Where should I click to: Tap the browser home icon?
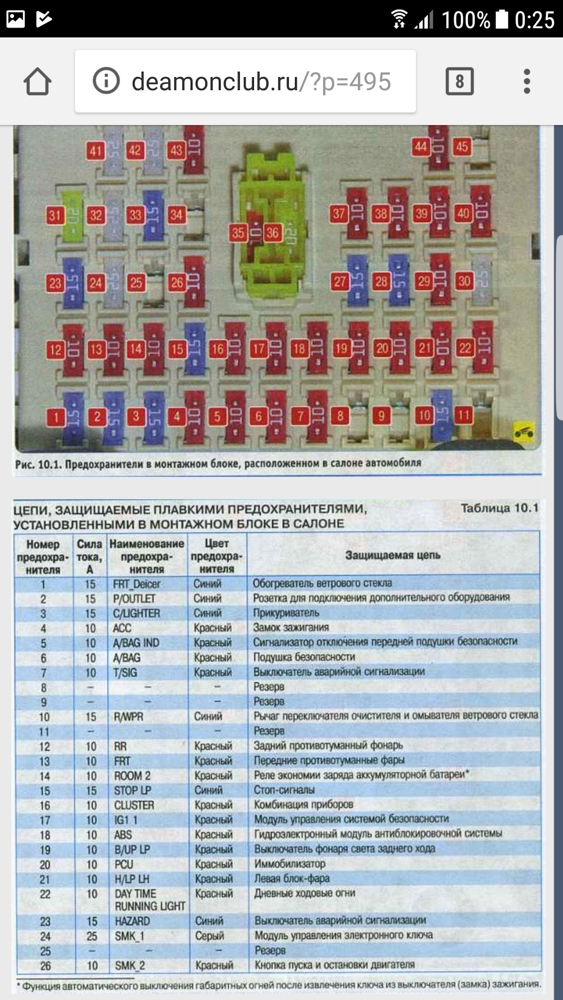(x=38, y=82)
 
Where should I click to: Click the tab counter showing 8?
(x=459, y=82)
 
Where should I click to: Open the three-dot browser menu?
(x=527, y=82)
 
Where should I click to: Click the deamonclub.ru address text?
(x=261, y=82)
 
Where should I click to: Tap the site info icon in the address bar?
(x=106, y=81)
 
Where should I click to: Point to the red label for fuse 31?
(x=55, y=215)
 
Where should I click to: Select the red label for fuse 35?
(x=238, y=232)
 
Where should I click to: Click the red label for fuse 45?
(x=462, y=146)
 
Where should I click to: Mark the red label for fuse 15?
(x=177, y=349)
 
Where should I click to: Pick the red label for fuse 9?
(x=382, y=416)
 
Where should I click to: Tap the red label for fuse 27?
(x=340, y=282)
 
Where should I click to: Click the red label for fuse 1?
(x=56, y=416)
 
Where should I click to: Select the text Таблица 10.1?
(x=499, y=508)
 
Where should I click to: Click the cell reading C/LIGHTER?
(x=137, y=613)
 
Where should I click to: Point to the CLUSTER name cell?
(x=134, y=805)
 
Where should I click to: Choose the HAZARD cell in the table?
(x=132, y=921)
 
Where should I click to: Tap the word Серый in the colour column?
(x=210, y=936)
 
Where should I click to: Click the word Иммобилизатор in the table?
(x=290, y=864)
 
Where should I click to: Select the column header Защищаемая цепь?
(x=393, y=555)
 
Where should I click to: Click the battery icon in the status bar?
(x=501, y=19)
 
